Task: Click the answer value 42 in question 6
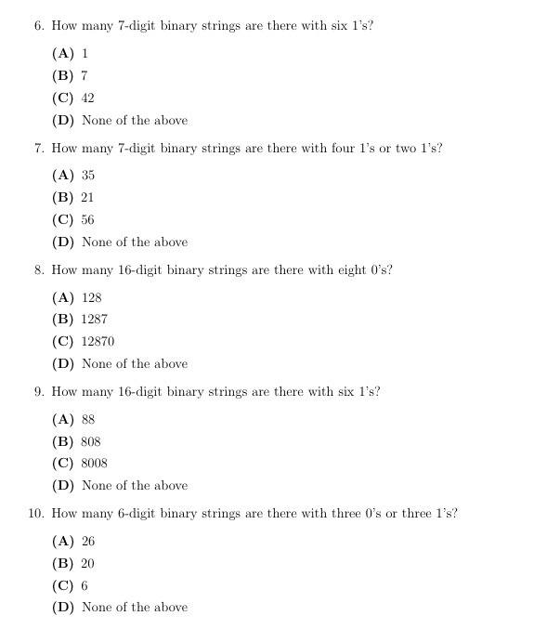88,98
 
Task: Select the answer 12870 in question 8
98,341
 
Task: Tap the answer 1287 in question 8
95,319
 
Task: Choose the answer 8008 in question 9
95,463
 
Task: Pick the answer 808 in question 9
91,441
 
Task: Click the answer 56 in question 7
88,219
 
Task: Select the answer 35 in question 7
88,175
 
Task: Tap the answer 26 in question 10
88,541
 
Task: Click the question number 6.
39,26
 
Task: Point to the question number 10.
35,513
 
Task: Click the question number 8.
39,269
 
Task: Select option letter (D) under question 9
63,485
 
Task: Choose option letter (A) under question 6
63,53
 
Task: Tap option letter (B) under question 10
63,563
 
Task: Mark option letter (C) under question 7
63,219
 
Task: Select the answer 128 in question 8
91,297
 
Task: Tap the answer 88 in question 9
88,419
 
